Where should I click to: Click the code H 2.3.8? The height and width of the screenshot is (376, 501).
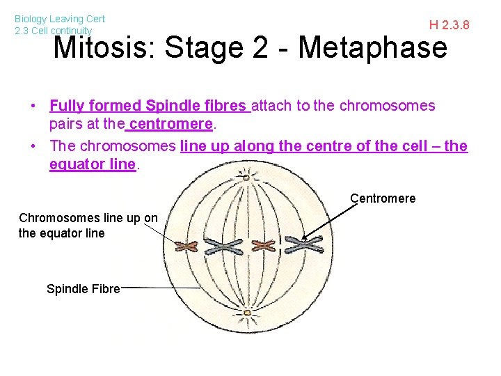449,26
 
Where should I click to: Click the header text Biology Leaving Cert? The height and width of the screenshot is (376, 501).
60,19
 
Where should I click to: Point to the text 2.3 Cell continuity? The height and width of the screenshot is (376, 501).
53,31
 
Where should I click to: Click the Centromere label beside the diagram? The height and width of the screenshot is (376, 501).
383,198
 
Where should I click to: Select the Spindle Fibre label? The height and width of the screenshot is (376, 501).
83,288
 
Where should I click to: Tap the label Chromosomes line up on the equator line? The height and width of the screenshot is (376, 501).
88,226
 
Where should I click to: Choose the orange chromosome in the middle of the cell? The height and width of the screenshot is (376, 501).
264,245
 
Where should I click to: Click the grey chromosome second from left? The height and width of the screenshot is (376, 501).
223,246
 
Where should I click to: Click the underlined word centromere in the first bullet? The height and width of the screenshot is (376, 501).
170,124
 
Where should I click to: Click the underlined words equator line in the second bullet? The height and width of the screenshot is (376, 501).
92,164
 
